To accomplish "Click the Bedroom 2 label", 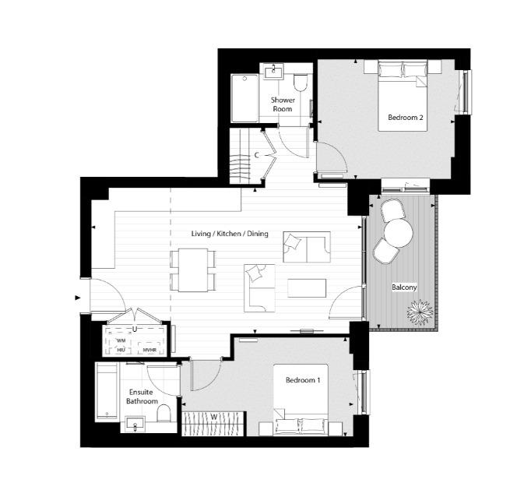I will [405, 118].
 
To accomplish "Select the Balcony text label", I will [404, 287].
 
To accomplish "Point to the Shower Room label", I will [282, 104].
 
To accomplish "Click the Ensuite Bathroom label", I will [142, 397].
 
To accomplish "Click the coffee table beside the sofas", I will [307, 288].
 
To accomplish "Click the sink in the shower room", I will [273, 72].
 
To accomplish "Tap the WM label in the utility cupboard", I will [121, 340].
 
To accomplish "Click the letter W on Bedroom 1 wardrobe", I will [212, 417].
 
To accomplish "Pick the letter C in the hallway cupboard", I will [256, 155].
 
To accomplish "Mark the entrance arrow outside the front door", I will [78, 297].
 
